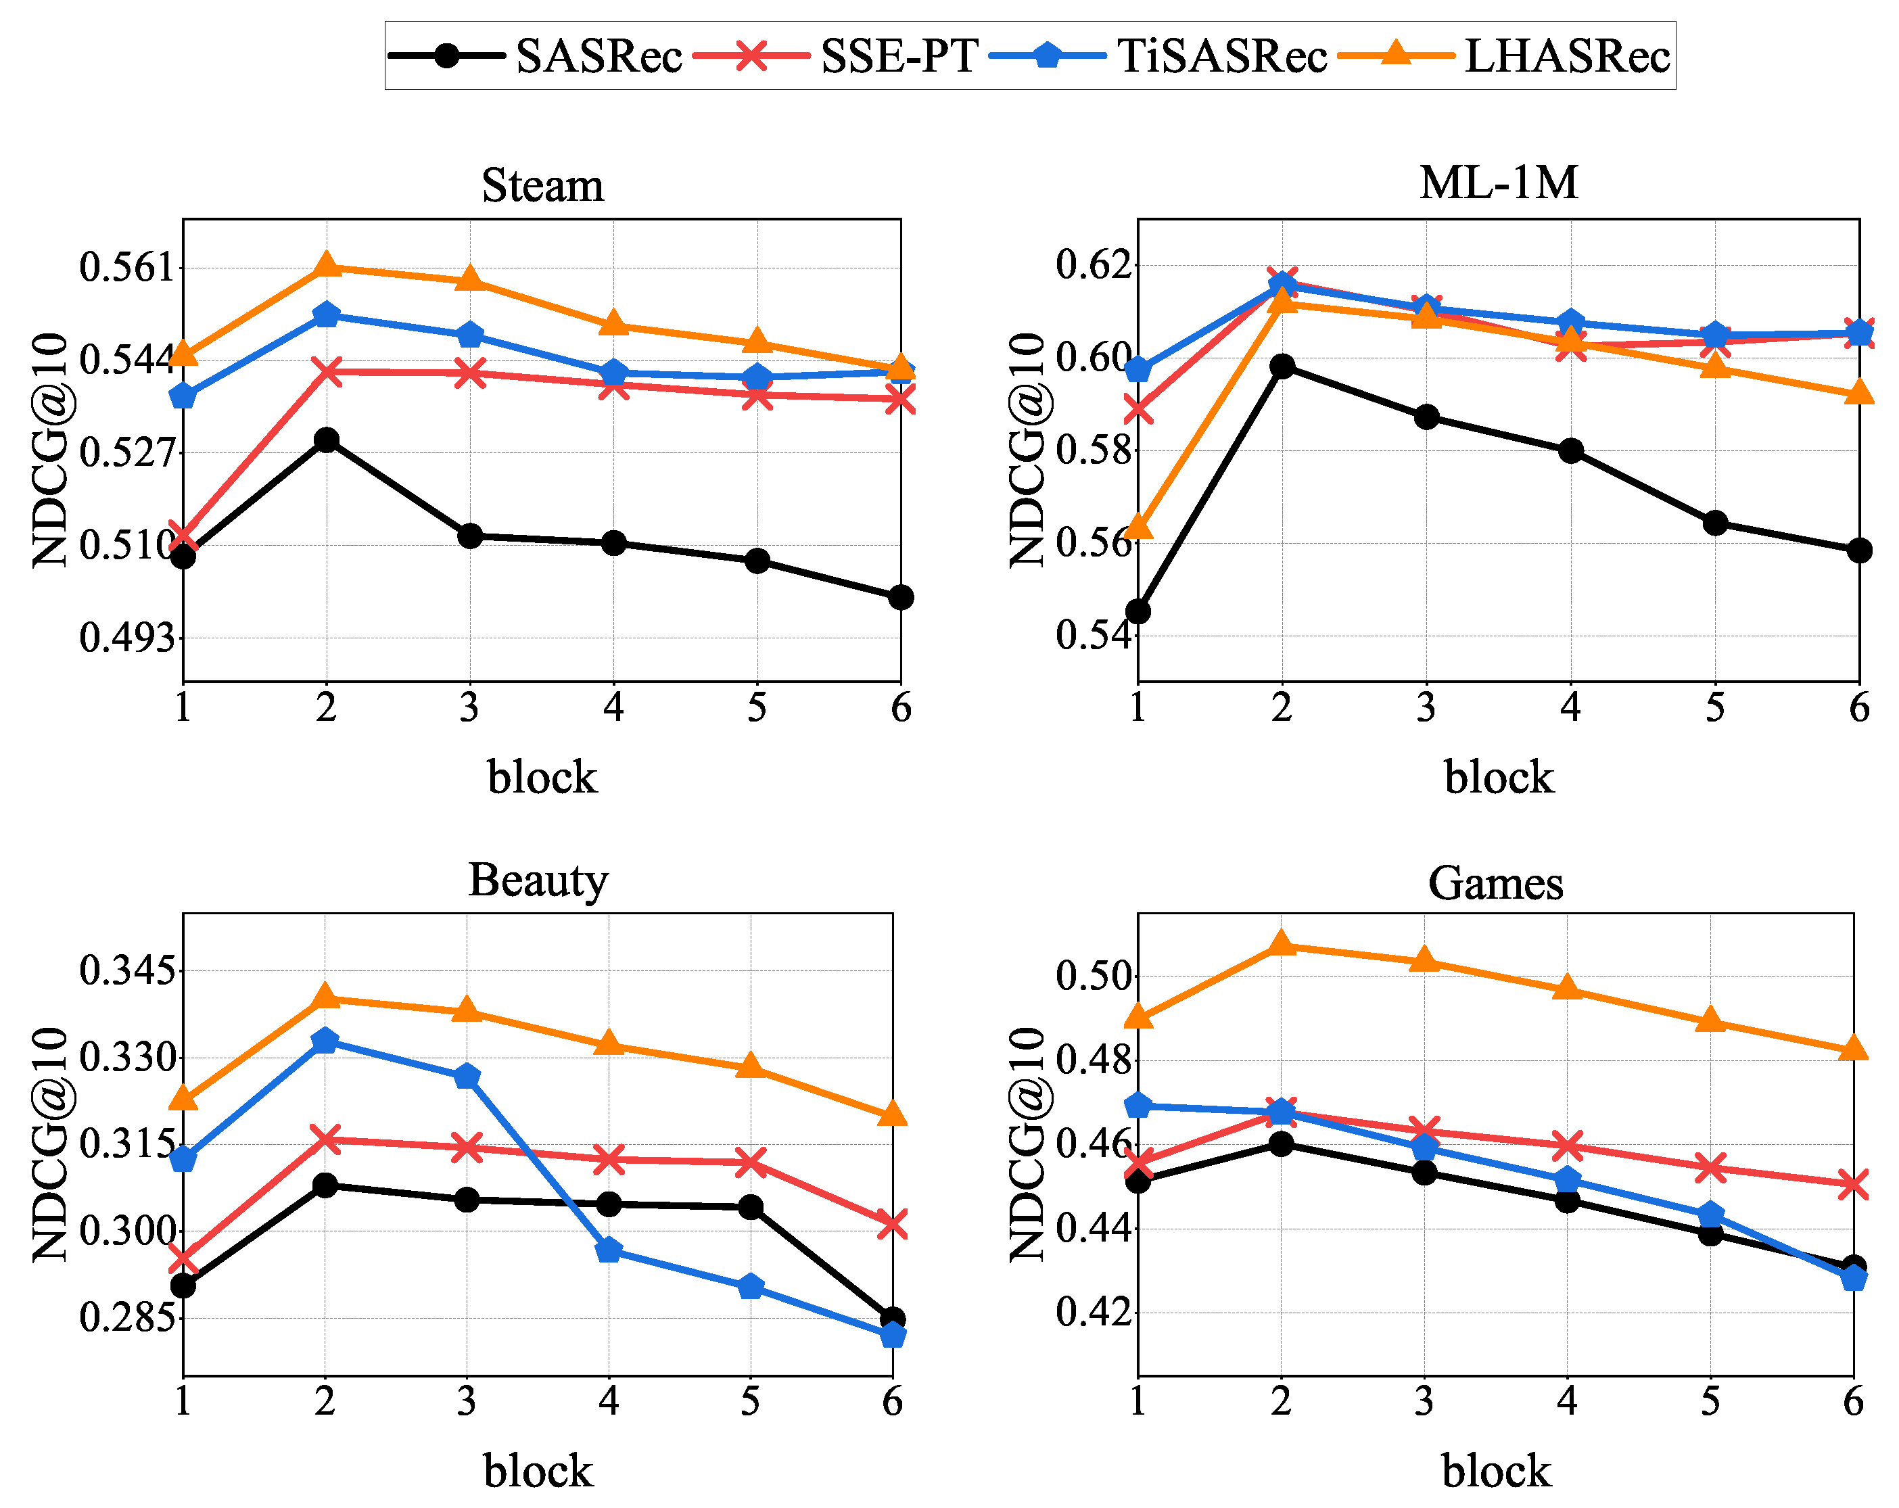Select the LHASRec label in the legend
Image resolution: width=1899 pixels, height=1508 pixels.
pyautogui.click(x=1567, y=56)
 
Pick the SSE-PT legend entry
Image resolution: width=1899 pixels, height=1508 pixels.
pyautogui.click(x=898, y=56)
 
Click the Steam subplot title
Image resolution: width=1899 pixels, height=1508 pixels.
pyautogui.click(x=542, y=186)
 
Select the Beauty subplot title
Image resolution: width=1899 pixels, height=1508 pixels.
pyautogui.click(x=538, y=880)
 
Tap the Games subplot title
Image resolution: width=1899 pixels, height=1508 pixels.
pyautogui.click(x=1495, y=882)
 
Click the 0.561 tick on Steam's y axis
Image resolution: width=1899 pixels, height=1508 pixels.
pyautogui.click(x=127, y=267)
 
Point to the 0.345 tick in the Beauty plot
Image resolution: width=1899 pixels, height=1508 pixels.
pyautogui.click(x=127, y=970)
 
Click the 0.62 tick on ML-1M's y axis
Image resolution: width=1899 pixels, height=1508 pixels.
pyautogui.click(x=1092, y=264)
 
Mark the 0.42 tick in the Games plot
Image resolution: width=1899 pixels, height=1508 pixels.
pyautogui.click(x=1092, y=1312)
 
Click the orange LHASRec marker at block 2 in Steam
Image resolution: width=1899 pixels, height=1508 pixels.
pyautogui.click(x=327, y=264)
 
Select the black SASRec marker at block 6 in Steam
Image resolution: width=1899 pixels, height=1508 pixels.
pyautogui.click(x=900, y=597)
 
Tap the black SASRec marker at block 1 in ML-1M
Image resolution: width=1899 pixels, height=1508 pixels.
pyautogui.click(x=1138, y=611)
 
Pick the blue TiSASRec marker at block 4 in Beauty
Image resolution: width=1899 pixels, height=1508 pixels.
pyautogui.click(x=609, y=1250)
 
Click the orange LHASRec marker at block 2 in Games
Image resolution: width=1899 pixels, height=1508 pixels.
pyautogui.click(x=1282, y=944)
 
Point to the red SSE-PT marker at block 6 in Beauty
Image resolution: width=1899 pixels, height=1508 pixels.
pyautogui.click(x=892, y=1223)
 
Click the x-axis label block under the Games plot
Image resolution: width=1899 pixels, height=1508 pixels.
pyautogui.click(x=1495, y=1471)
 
